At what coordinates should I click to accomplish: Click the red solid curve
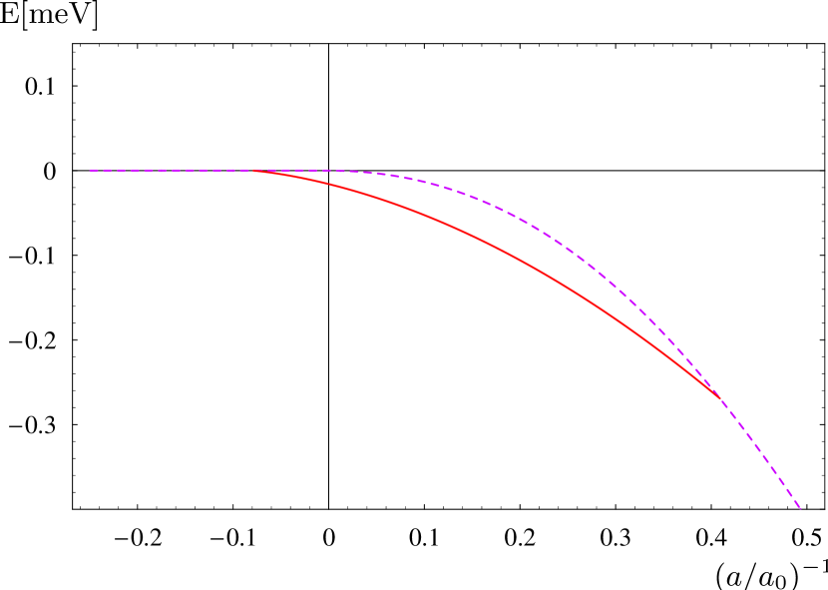point(479,240)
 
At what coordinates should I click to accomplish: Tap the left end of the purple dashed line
point(90,171)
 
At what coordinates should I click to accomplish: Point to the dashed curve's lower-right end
point(801,509)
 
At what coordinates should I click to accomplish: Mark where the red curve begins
point(253,171)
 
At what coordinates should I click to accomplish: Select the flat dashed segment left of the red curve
point(170,171)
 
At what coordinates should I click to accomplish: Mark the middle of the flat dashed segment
point(172,171)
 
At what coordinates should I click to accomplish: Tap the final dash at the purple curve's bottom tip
point(798,505)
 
